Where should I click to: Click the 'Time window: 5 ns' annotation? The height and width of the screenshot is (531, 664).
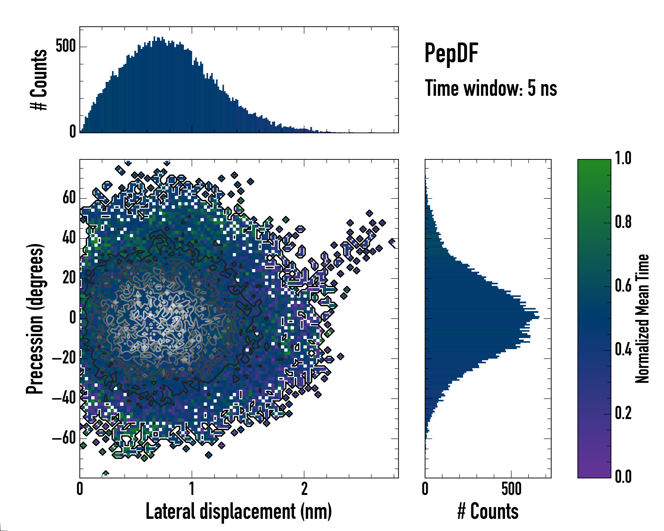[x=491, y=88]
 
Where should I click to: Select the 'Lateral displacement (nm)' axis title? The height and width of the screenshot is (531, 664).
[x=239, y=511]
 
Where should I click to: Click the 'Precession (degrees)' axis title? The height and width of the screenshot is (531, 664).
[x=35, y=319]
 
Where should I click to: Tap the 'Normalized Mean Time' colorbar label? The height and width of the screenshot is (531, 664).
[x=642, y=319]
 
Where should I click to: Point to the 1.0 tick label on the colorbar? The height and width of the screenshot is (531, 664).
[x=623, y=158]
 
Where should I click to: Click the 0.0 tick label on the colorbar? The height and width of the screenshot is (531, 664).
[x=623, y=477]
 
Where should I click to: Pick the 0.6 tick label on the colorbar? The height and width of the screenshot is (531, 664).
[x=623, y=286]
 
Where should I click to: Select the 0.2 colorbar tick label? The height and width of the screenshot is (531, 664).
[x=623, y=413]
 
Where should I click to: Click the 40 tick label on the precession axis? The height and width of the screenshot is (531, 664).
[x=69, y=238]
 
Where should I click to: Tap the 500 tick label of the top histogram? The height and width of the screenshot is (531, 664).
[x=66, y=46]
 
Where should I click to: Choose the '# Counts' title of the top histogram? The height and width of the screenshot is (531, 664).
[x=39, y=79]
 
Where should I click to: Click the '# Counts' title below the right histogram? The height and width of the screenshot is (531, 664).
[x=488, y=511]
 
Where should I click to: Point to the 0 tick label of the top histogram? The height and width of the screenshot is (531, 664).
[x=73, y=132]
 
